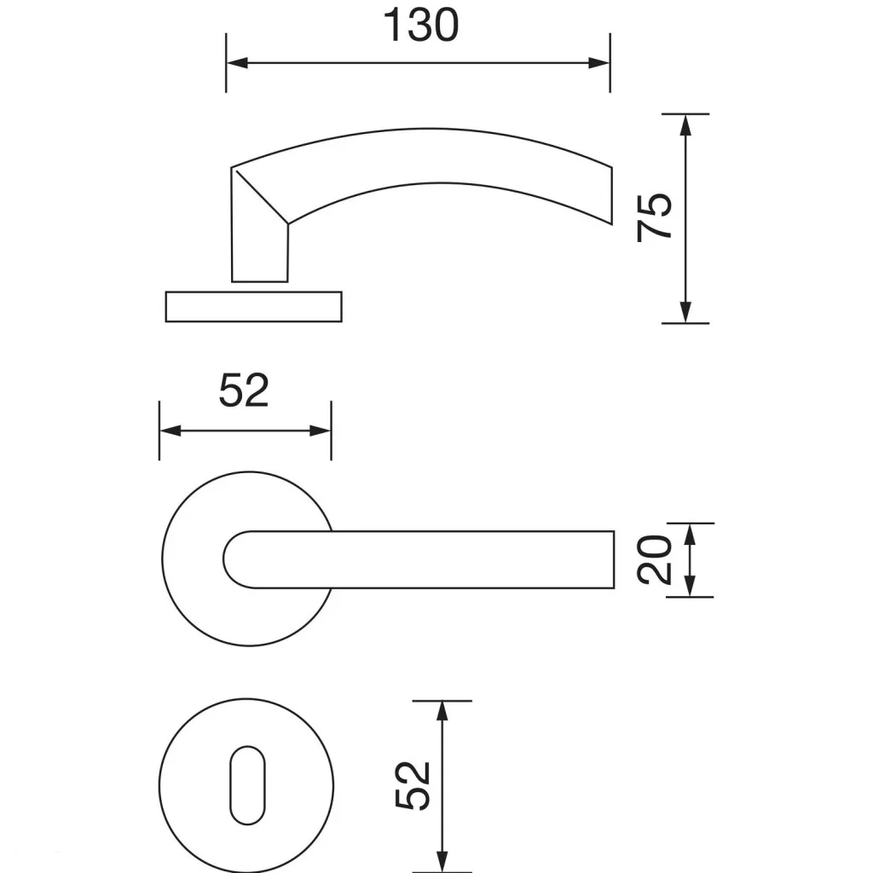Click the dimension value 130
(x=421, y=26)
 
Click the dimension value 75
(x=655, y=217)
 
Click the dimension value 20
(x=655, y=559)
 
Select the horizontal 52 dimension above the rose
(x=244, y=390)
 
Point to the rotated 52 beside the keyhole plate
(x=413, y=785)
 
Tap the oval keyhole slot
(x=248, y=785)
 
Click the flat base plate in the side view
(x=254, y=307)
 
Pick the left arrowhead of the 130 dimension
(x=237, y=63)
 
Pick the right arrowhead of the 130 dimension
(x=599, y=63)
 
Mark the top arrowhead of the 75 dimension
(x=686, y=124)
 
